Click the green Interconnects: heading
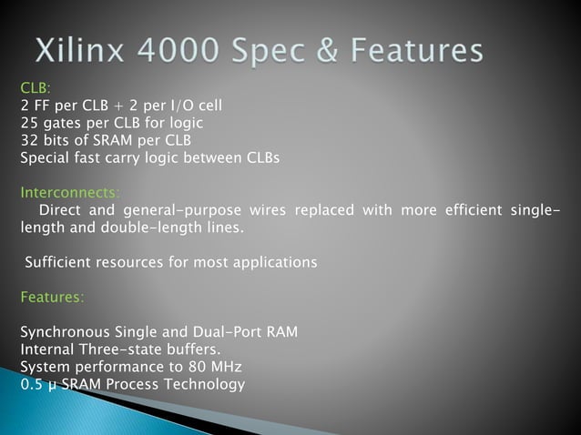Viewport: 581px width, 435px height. click(x=68, y=192)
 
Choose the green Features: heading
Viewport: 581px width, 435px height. click(x=52, y=297)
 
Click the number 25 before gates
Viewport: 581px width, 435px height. click(x=28, y=123)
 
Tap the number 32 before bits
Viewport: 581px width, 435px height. click(x=28, y=140)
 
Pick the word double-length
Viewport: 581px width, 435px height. click(x=148, y=228)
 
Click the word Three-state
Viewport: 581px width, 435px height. click(x=121, y=349)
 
